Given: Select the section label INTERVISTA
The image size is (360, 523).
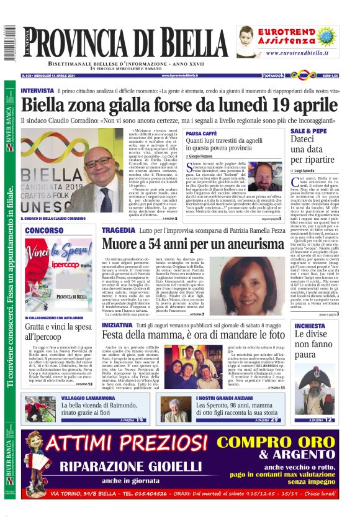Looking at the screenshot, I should pyautogui.click(x=37, y=91).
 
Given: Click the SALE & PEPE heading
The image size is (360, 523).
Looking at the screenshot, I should pyautogui.click(x=309, y=132).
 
